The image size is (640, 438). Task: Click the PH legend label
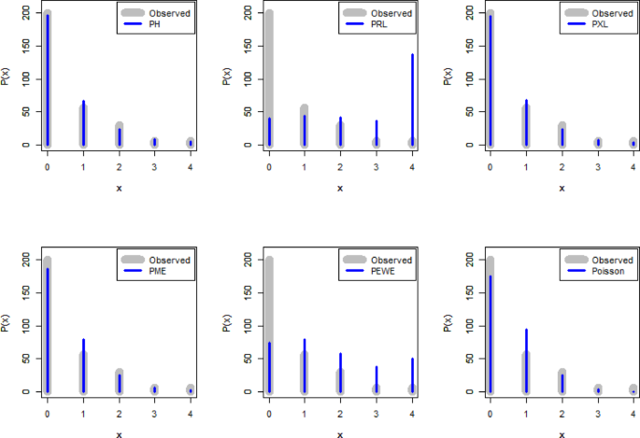156,26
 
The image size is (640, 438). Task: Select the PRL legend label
378,26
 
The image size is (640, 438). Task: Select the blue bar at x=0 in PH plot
47,79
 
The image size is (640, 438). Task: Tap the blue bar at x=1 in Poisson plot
525,360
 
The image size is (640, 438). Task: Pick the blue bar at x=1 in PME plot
82,365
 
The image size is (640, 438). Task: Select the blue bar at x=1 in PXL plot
525,121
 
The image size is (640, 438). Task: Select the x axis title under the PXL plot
561,188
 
